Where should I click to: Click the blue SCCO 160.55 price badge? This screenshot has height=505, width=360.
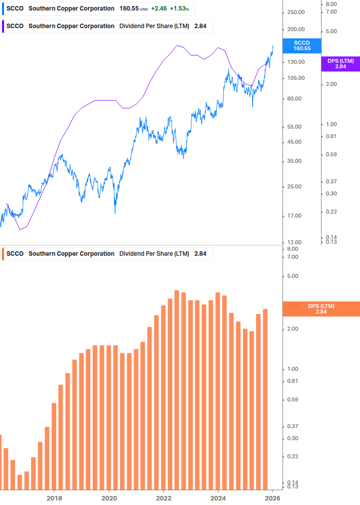[x=302, y=46]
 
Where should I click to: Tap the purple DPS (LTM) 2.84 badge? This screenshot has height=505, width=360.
[x=340, y=63]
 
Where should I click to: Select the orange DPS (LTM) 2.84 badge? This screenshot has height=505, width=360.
[x=321, y=309]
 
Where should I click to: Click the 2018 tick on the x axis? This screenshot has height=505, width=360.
[x=54, y=498]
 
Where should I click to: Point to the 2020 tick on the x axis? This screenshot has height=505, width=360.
[x=109, y=498]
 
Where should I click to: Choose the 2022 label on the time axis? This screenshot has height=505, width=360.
[x=164, y=498]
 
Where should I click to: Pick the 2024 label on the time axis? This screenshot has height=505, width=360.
[x=218, y=498]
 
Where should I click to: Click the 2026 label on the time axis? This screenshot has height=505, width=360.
[x=272, y=498]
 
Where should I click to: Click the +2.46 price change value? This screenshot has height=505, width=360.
[x=159, y=9]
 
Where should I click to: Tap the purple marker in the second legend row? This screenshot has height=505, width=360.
[x=4, y=26]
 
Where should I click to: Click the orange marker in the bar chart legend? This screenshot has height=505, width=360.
[x=4, y=254]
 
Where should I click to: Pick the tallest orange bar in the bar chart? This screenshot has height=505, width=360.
[x=177, y=389]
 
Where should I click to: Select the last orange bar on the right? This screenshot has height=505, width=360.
[x=265, y=399]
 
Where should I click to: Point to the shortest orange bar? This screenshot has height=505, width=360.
[x=20, y=482]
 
